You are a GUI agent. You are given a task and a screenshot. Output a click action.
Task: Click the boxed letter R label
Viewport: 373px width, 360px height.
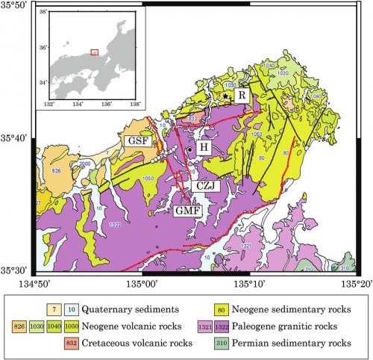pyautogui.click(x=241, y=96)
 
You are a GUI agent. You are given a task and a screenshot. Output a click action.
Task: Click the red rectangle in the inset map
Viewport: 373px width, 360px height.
pyautogui.click(x=94, y=52)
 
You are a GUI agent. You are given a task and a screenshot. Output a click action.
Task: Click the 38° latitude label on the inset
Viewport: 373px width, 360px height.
pyautogui.click(x=43, y=13)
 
